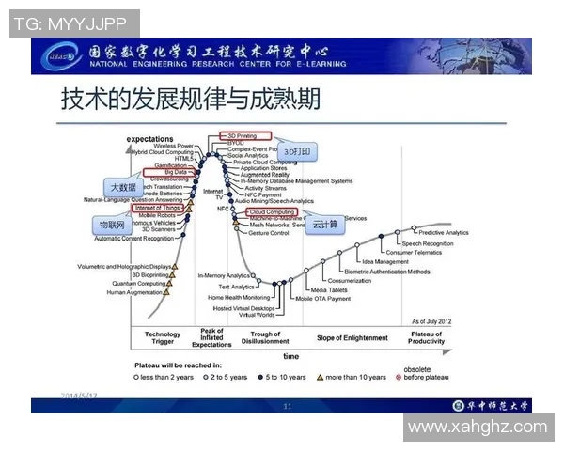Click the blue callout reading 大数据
pos(124,186)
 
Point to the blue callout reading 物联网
pos(113,225)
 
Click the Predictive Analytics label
pos(443,232)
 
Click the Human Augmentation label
pos(135,292)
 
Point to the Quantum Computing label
pos(138,283)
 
